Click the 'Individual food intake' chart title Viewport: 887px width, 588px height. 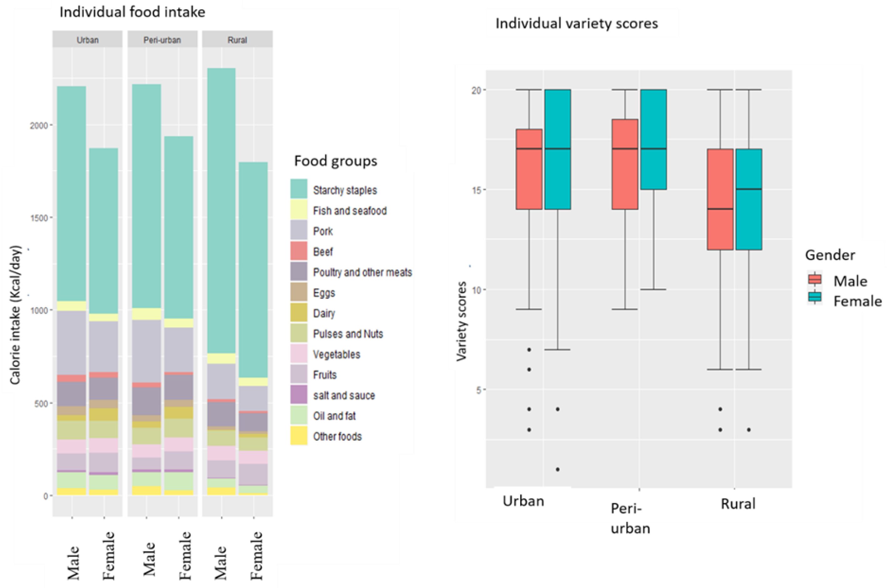(132, 13)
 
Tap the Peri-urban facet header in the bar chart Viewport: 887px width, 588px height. (162, 40)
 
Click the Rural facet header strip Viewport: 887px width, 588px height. (237, 40)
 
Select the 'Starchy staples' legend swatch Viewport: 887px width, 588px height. (299, 189)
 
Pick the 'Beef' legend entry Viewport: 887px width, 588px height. (323, 252)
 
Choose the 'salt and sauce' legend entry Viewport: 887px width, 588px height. (344, 395)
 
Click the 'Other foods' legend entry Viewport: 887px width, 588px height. (337, 436)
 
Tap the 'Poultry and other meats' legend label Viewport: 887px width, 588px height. (362, 272)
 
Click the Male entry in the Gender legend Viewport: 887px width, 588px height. (850, 281)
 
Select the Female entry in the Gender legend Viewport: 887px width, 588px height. (857, 301)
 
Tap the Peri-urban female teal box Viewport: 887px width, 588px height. (653, 139)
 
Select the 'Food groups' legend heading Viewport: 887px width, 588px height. (335, 161)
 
